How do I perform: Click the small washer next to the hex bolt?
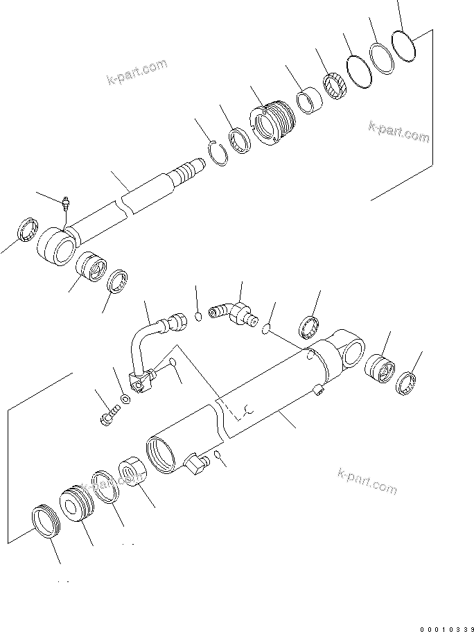coord(125,400)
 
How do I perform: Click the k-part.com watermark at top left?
coord(137,71)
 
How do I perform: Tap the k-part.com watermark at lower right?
coord(367,480)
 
